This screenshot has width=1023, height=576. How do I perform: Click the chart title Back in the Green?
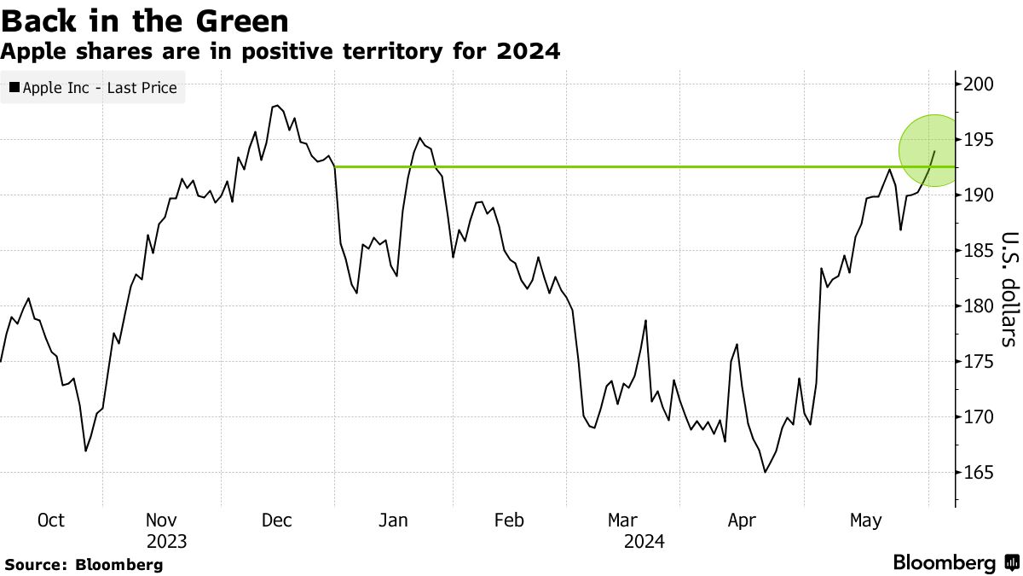pyautogui.click(x=144, y=20)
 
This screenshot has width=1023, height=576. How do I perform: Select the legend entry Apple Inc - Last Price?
pyautogui.click(x=93, y=88)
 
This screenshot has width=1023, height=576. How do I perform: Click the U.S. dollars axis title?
pyautogui.click(x=1009, y=290)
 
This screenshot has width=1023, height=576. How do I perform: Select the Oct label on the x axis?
pyautogui.click(x=51, y=520)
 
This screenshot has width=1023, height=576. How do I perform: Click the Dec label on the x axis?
pyautogui.click(x=277, y=520)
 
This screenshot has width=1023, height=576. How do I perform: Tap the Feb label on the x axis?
pyautogui.click(x=508, y=520)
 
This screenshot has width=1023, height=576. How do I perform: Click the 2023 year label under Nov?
pyautogui.click(x=166, y=541)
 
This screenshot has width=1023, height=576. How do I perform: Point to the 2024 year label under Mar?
pyautogui.click(x=644, y=541)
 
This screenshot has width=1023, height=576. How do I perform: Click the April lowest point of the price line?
pyautogui.click(x=766, y=472)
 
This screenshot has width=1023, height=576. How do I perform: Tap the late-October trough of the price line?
pyautogui.click(x=85, y=451)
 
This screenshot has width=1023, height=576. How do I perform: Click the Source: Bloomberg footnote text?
pyautogui.click(x=84, y=564)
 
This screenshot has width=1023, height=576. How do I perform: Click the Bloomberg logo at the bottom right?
pyautogui.click(x=955, y=563)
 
